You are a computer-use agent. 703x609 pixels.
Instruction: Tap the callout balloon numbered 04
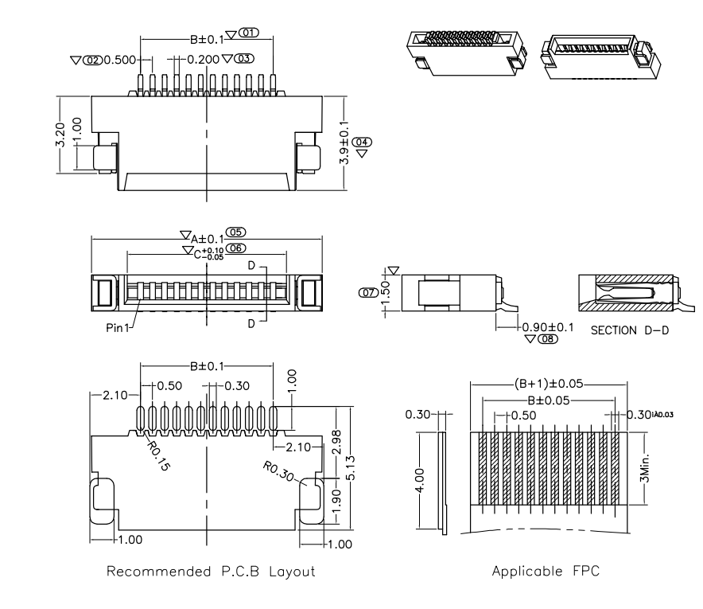click(x=362, y=142)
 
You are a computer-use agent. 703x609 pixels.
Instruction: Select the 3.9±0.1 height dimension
click(x=344, y=142)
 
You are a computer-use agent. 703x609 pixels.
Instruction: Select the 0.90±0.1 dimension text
click(x=548, y=326)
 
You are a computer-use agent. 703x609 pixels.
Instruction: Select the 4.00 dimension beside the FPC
click(x=422, y=481)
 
